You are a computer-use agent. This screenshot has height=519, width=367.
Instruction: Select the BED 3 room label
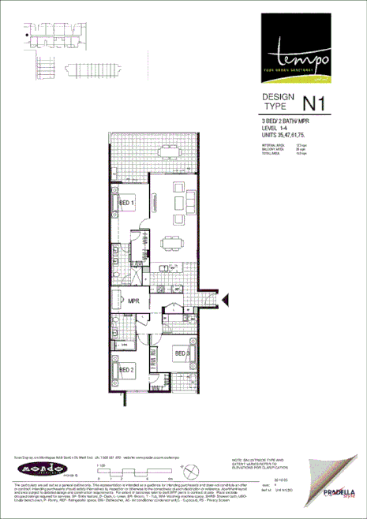click(x=181, y=353)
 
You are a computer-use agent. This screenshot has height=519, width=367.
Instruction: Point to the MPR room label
click(x=134, y=301)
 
